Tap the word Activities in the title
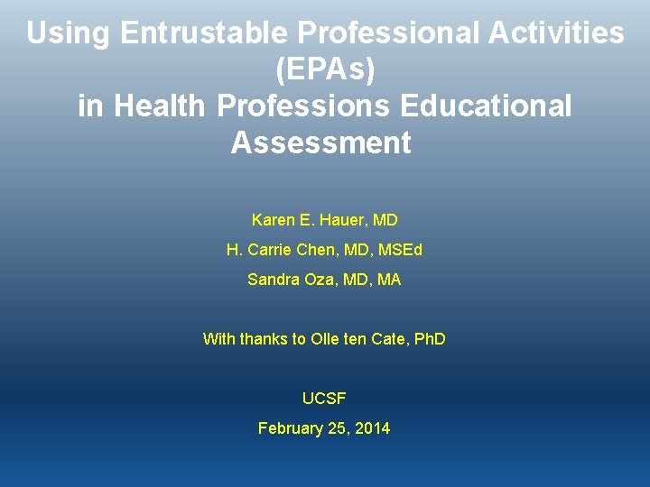click(553, 34)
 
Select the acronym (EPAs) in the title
click(324, 70)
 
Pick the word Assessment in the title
click(320, 142)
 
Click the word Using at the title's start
click(69, 34)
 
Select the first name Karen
click(273, 220)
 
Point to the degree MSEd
click(400, 250)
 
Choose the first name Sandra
click(273, 280)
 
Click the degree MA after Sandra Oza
click(389, 280)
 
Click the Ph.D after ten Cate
click(427, 339)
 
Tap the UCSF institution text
click(324, 399)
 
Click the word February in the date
click(289, 428)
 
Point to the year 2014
click(373, 428)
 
